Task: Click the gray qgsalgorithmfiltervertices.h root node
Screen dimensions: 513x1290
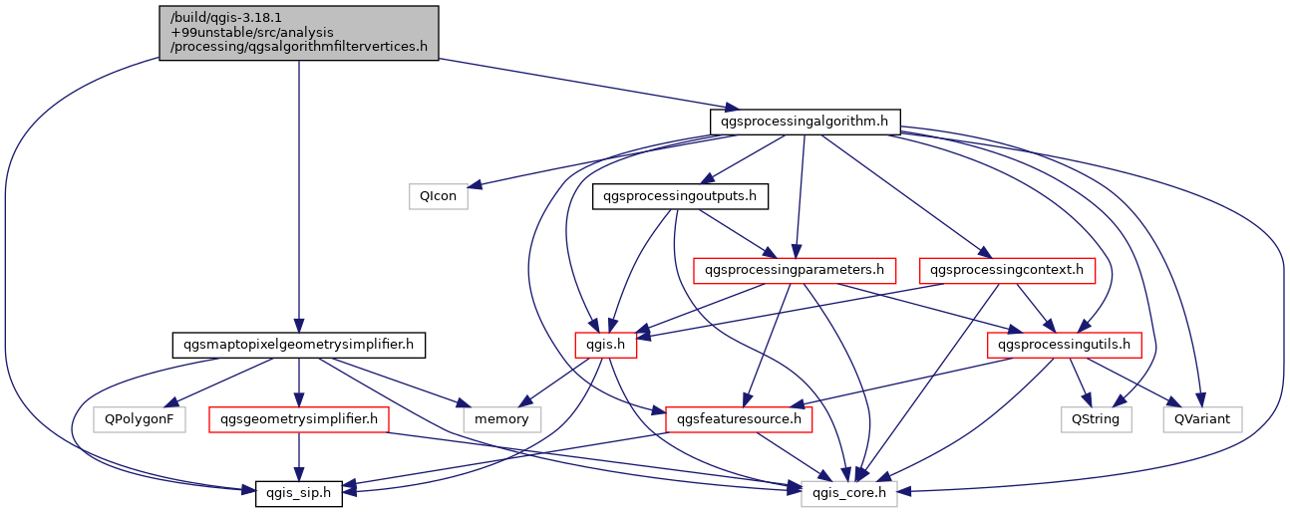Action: point(298,32)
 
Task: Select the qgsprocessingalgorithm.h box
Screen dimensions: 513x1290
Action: point(806,122)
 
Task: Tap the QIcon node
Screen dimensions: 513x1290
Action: point(438,196)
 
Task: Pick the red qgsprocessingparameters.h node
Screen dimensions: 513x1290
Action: point(795,270)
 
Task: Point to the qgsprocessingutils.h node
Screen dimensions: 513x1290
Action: point(1064,345)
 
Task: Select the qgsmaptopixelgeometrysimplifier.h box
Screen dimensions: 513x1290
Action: point(299,345)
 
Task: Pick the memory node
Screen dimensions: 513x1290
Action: point(501,418)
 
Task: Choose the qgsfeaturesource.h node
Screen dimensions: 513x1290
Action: point(739,418)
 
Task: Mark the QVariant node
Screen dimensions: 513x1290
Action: point(1202,418)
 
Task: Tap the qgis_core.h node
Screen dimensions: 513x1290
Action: point(849,492)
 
